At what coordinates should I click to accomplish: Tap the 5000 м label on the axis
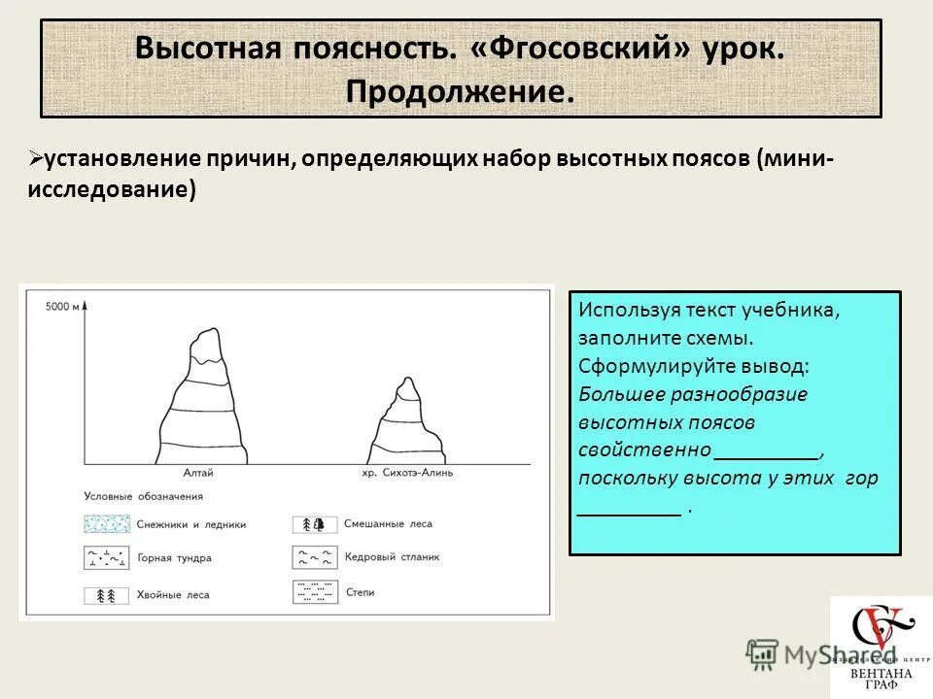click(61, 308)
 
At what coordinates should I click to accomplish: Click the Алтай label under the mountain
click(198, 473)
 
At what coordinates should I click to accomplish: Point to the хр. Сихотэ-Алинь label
click(406, 473)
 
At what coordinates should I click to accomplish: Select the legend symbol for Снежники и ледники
click(106, 524)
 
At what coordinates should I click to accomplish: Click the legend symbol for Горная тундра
click(106, 558)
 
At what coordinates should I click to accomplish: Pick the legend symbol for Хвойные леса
click(106, 593)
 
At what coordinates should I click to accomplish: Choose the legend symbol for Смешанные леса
click(315, 524)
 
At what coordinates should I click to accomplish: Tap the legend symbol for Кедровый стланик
click(315, 557)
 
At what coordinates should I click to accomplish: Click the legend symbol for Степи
click(315, 591)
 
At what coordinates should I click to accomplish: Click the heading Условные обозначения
click(143, 496)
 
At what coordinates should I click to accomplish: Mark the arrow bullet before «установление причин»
click(35, 157)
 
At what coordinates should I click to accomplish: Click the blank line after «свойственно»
click(768, 452)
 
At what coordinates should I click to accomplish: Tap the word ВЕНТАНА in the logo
click(879, 672)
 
